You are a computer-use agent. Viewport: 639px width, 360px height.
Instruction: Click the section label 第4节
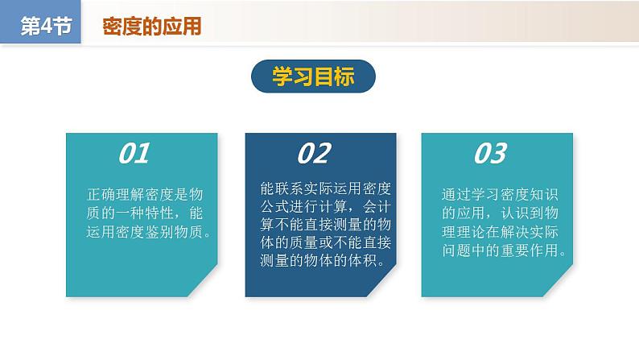pyautogui.click(x=46, y=26)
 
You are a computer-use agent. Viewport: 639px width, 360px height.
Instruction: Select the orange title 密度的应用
pyautogui.click(x=151, y=26)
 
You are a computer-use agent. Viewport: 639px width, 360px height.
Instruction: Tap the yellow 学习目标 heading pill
pyautogui.click(x=313, y=77)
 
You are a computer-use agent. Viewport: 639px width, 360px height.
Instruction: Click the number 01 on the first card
pyautogui.click(x=134, y=154)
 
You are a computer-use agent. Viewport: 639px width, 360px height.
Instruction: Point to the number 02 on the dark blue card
pyautogui.click(x=314, y=154)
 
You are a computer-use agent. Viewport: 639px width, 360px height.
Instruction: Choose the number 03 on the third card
pyautogui.click(x=490, y=154)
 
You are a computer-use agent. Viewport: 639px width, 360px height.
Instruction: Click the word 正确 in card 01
pyautogui.click(x=101, y=194)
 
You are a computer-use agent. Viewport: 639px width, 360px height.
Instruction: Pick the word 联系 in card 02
pyautogui.click(x=290, y=188)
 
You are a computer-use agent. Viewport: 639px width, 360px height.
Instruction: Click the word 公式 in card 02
pyautogui.click(x=274, y=206)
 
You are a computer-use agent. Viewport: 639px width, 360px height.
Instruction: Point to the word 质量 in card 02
pyautogui.click(x=304, y=242)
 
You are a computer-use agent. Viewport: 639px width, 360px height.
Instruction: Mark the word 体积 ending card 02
pyautogui.click(x=363, y=260)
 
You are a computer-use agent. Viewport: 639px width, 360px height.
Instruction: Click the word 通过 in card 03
pyautogui.click(x=456, y=194)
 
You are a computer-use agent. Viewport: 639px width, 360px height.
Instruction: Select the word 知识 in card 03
pyautogui.click(x=544, y=194)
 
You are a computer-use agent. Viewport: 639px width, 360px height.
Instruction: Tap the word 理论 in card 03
pyautogui.click(x=471, y=232)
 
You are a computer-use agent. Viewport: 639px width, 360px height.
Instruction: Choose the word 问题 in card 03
pyautogui.click(x=456, y=250)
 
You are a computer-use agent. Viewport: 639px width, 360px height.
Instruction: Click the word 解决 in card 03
pyautogui.click(x=515, y=232)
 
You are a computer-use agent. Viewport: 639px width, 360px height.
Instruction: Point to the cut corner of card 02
pyautogui.click(x=381, y=282)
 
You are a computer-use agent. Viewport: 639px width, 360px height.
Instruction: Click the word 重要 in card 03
pyautogui.click(x=515, y=250)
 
